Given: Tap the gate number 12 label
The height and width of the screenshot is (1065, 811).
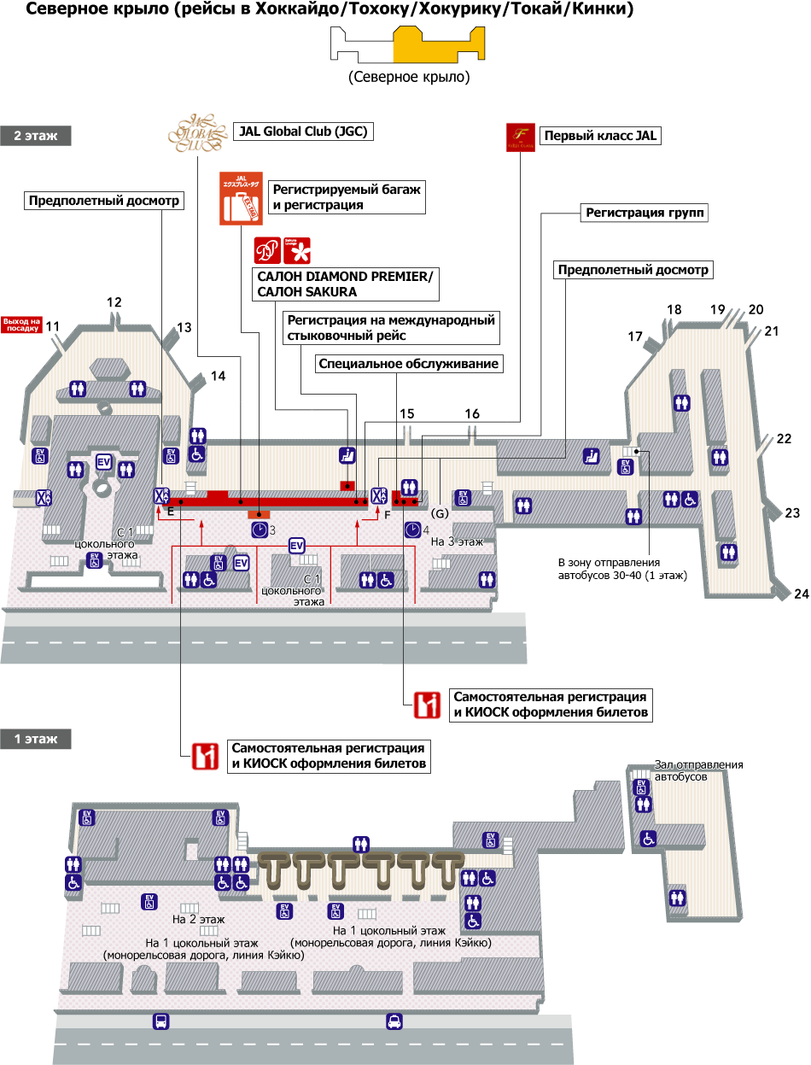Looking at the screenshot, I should [114, 301].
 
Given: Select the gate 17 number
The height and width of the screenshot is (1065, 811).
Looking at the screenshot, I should [635, 336].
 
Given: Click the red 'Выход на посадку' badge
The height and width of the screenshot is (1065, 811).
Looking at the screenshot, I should [22, 325].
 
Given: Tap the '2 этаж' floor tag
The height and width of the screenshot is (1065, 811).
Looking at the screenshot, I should [35, 135].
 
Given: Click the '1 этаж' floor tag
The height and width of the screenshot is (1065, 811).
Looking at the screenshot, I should [35, 739].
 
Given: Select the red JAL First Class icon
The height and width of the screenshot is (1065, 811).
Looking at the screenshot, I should [520, 135].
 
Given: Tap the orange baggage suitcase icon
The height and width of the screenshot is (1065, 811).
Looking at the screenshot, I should [240, 199].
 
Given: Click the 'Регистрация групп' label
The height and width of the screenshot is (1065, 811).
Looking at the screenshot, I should [645, 213].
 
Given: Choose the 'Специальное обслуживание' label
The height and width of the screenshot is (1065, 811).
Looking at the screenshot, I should [408, 364].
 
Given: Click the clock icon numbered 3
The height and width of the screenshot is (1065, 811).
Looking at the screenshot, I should [260, 530].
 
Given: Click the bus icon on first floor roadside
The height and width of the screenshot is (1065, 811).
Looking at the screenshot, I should [160, 1021].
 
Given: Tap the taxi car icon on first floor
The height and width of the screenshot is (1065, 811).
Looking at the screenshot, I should [394, 1021].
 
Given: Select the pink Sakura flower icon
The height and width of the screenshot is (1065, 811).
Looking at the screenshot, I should [300, 250].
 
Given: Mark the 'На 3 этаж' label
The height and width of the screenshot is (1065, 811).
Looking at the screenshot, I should [457, 541].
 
